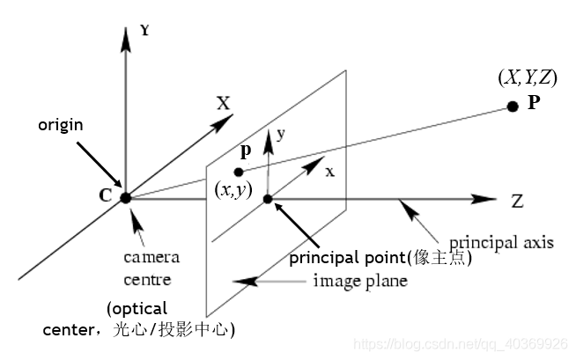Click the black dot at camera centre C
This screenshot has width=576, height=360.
126,198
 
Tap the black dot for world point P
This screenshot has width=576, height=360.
513,107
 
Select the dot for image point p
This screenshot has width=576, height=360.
239,172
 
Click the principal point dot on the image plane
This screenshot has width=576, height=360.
269,199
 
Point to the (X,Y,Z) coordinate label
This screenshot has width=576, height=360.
527,78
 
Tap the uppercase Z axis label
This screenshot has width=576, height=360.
518,201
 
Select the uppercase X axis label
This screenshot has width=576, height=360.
223,104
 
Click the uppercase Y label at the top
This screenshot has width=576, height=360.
144,30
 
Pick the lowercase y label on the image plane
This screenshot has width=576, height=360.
280,135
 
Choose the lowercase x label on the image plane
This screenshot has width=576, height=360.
329,172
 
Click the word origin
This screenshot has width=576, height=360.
61,125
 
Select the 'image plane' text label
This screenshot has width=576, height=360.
360,282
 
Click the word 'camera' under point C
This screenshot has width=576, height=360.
151,257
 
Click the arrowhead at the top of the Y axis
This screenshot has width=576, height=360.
125,36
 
